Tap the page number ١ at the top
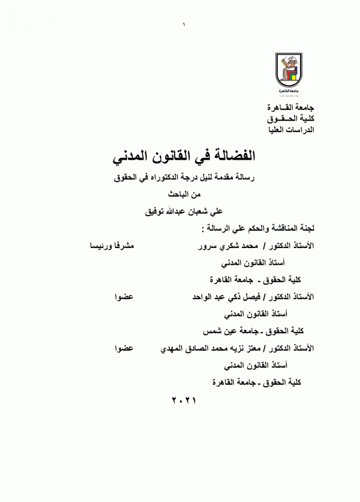coord(184,25)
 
